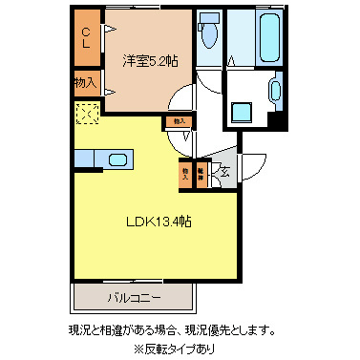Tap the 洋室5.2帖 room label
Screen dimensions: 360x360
pos(149,61)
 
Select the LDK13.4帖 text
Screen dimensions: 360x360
pos(159,222)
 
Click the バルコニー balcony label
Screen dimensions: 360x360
pos(133,297)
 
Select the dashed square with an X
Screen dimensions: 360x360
pos(88,115)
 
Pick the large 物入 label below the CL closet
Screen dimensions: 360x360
pos(86,84)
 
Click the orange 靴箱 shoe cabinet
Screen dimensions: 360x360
pos(201,174)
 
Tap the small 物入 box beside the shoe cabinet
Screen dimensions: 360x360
pos(185,174)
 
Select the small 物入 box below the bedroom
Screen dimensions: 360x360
pos(178,121)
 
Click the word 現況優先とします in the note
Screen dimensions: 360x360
pos(232,330)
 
